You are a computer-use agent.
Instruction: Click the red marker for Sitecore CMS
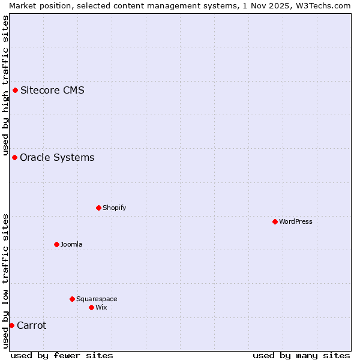point(15,91)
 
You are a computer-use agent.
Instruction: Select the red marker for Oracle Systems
point(14,158)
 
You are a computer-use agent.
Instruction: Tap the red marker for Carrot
point(11,326)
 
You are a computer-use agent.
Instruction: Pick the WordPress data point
point(275,222)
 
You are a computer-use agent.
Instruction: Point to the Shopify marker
point(98,208)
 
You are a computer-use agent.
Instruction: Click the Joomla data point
point(56,245)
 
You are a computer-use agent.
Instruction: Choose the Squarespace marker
point(72,299)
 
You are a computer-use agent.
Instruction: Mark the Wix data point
point(91,308)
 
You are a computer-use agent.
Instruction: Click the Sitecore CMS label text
point(52,91)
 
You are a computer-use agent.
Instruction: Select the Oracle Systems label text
point(57,158)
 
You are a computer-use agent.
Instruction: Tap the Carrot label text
point(31,326)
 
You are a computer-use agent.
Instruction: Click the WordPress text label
point(296,222)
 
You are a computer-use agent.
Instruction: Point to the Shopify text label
point(114,208)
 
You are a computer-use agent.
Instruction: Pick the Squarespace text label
point(97,299)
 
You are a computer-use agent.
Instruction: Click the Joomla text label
point(71,245)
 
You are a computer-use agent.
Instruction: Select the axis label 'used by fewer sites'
point(62,355)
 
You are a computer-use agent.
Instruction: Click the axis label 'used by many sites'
point(301,355)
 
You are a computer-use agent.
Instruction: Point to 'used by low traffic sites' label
point(6,281)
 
